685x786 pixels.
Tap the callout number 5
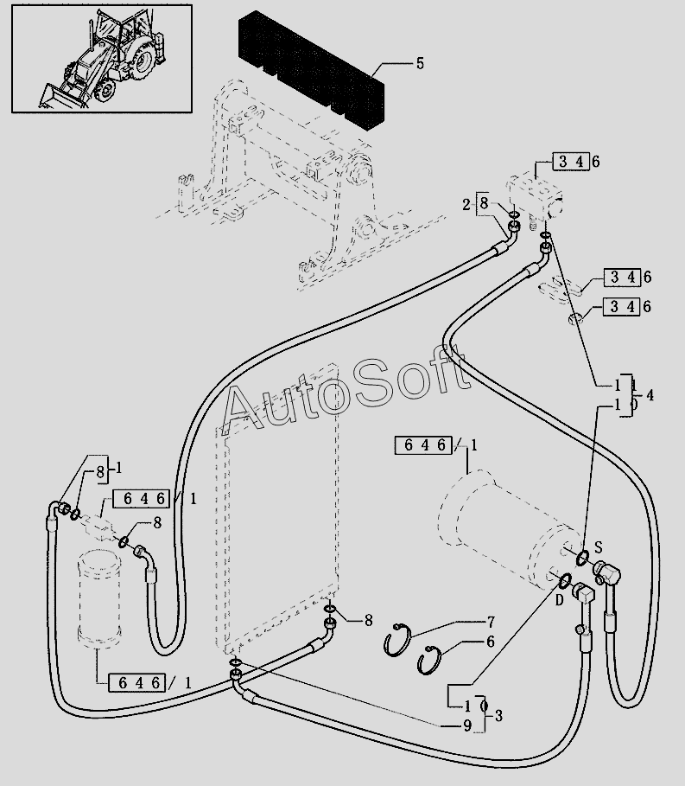tap(420, 63)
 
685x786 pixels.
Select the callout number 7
tap(490, 622)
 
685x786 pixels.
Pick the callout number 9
tap(467, 725)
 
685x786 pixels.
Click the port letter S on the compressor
tap(598, 546)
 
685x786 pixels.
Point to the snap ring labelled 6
tap(429, 660)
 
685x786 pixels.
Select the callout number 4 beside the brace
tap(650, 395)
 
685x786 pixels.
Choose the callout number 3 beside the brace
tap(498, 715)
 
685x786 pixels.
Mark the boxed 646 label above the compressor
tap(424, 445)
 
